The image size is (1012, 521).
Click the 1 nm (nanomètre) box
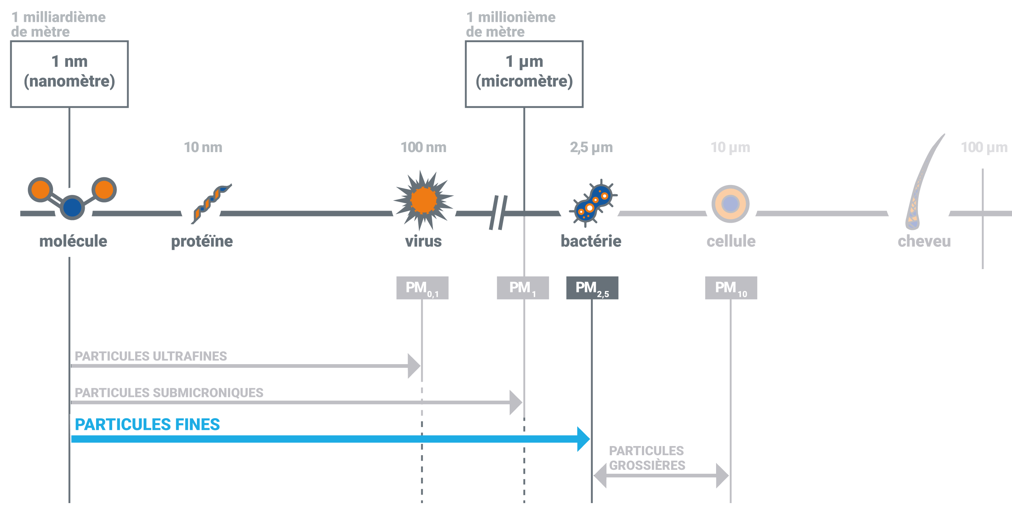(69, 74)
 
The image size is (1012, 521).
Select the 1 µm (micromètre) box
(524, 74)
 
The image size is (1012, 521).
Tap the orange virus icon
(423, 200)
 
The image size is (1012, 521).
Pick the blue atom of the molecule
(72, 207)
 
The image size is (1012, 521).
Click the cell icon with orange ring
(730, 204)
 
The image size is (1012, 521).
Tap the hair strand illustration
(922, 185)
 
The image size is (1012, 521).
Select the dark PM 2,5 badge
(592, 288)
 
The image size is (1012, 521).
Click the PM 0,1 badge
(422, 288)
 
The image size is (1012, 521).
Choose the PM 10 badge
(731, 288)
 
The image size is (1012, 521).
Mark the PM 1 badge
(522, 288)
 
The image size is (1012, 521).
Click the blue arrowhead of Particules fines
(583, 439)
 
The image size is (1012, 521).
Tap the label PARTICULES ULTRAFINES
(151, 356)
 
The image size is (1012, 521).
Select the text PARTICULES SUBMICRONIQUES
(169, 392)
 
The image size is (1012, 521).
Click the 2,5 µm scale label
(591, 147)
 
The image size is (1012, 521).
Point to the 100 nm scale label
(423, 147)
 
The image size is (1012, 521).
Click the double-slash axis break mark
(498, 212)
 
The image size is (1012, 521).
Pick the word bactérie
(591, 241)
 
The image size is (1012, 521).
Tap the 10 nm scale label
(203, 147)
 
